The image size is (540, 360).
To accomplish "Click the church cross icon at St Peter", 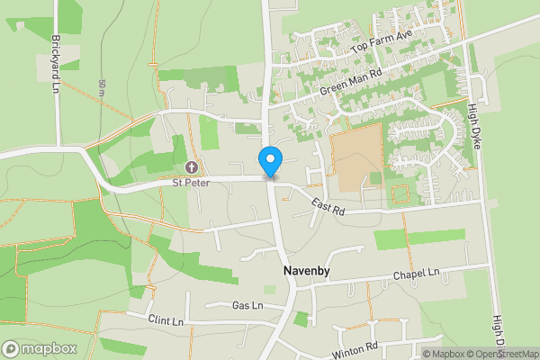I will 192,167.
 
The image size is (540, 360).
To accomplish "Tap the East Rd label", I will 328,209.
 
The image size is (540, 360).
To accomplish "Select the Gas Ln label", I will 246,306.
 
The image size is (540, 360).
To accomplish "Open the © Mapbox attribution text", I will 447,354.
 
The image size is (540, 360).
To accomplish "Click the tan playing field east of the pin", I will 356,162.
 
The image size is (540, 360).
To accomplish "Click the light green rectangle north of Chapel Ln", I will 419,238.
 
